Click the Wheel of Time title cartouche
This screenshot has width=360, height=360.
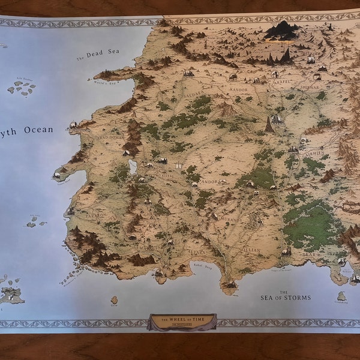coord(182,321)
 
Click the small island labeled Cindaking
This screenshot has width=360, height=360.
coord(341,296)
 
